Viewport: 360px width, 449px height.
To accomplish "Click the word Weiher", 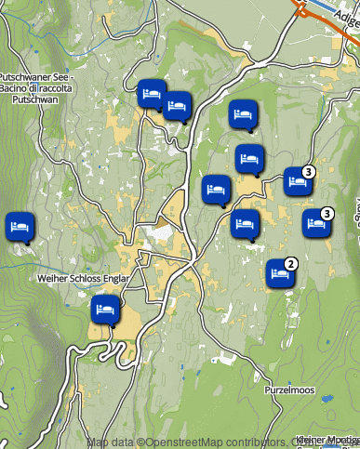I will click(x=52, y=278).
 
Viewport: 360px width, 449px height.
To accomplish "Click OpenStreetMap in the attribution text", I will click(x=182, y=442).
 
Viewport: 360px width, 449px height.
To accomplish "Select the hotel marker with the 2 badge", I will click(x=279, y=273).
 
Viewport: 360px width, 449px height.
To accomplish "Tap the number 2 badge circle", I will click(x=291, y=264).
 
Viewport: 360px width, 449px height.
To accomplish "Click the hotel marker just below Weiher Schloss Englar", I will click(x=105, y=308).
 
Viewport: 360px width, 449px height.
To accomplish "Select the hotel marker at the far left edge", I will click(x=19, y=226).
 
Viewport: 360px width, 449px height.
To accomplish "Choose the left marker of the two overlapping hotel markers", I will click(x=151, y=94).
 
